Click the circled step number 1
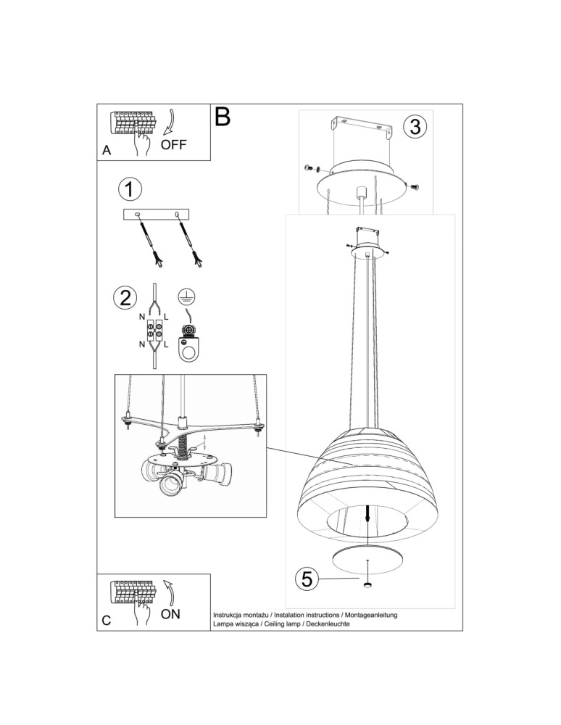(129, 190)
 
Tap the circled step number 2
(125, 297)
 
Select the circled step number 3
(414, 126)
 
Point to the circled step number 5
(307, 579)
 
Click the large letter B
(223, 117)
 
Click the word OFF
(173, 144)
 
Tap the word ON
(170, 614)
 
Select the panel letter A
(107, 151)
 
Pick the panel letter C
(107, 621)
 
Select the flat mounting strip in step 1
(156, 214)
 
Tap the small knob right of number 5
(368, 584)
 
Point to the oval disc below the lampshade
(367, 559)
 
